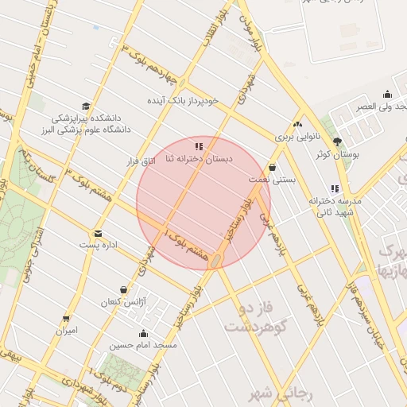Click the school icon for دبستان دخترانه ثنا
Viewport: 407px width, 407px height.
click(199, 146)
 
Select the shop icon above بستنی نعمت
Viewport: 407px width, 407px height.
click(273, 168)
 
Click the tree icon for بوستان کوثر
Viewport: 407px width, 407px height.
click(337, 141)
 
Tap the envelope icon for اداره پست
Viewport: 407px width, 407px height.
click(98, 233)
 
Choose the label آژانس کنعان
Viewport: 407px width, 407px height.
click(120, 302)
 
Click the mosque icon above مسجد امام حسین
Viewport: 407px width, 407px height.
click(143, 333)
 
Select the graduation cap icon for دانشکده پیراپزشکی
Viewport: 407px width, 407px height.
click(85, 107)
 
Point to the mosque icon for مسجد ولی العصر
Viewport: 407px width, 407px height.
click(387, 94)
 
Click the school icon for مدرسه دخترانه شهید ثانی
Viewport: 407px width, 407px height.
click(335, 189)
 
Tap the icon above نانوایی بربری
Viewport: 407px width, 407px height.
click(297, 124)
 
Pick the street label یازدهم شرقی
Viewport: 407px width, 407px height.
click(312, 303)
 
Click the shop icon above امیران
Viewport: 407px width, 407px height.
click(66, 318)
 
